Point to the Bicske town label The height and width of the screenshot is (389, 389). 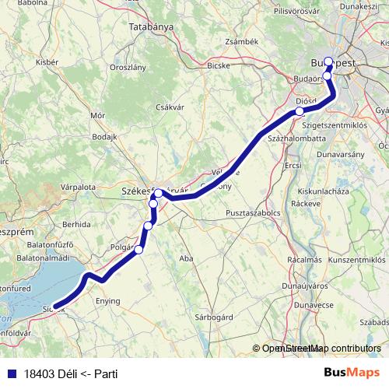click(219, 65)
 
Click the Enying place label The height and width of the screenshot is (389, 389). click(108, 300)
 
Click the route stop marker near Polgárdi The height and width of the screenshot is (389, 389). click(139, 250)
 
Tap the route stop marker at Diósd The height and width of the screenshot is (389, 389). click(300, 112)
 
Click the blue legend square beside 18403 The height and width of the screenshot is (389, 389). click(9, 373)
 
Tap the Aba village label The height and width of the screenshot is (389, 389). click(185, 258)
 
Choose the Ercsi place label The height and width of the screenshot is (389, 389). click(293, 166)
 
